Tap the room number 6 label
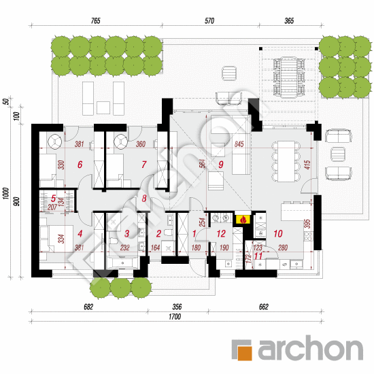pyautogui.click(x=80, y=164)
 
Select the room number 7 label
pyautogui.click(x=143, y=164)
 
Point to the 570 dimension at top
pyautogui.click(x=209, y=22)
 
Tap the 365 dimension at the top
pyautogui.click(x=288, y=22)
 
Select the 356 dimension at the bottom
pyautogui.click(x=178, y=307)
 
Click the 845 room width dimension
pyautogui.click(x=237, y=144)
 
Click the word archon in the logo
pyautogui.click(x=309, y=349)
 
